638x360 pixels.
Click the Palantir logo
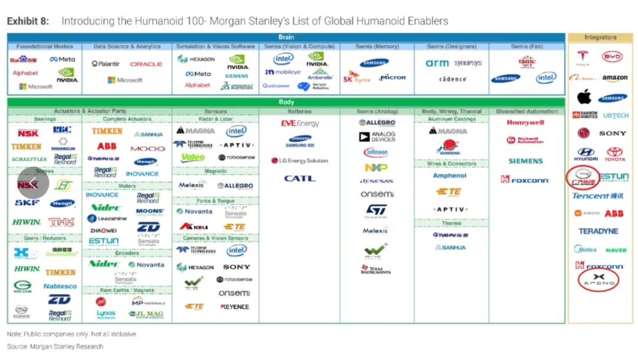coord(106,64)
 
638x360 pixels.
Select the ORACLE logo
coord(146,64)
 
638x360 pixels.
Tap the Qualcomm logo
coord(276,86)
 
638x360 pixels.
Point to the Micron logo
coord(392,77)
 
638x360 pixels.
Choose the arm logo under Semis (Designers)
coord(437,63)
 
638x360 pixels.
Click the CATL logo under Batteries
coord(300,179)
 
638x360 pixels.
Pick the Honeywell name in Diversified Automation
coord(525,123)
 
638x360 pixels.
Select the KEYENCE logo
coord(235,307)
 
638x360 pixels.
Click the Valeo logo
coord(193,157)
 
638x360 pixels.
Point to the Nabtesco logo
coord(60,286)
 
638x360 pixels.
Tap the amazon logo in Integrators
coord(614,78)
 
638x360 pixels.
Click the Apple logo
coord(584,96)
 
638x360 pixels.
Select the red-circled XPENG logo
coord(599,279)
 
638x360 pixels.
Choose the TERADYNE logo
coord(598,231)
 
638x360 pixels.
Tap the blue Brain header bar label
coord(286,37)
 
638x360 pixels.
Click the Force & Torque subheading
coord(215,201)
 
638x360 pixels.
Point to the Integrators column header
coord(600,37)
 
